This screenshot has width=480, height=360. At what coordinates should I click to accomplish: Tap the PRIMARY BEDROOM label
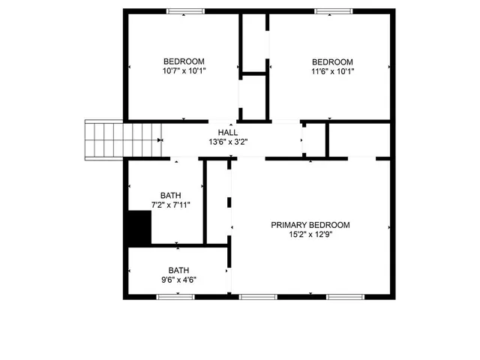coord(310,225)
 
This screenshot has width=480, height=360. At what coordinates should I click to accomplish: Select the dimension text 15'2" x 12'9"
coord(310,235)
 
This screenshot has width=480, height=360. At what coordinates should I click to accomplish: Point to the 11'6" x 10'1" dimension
coord(332,71)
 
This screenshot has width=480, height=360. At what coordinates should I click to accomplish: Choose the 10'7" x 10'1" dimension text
coord(184,71)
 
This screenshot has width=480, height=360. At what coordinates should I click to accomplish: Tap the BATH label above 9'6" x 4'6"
coord(178,271)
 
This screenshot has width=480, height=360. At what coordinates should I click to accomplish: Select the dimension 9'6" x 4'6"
coord(178,280)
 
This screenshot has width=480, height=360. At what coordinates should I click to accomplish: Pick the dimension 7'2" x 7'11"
coord(170,205)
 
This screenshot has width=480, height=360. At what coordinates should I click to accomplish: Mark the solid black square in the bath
coord(139,228)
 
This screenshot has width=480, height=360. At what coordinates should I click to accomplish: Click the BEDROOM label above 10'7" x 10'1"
coord(184,61)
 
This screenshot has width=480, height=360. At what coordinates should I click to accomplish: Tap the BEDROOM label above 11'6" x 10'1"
coord(332,61)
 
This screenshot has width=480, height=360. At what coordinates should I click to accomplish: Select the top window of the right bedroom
coord(333,10)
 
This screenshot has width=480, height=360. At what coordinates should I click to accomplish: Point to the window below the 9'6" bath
coord(175,297)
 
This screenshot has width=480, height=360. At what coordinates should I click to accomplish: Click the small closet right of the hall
coord(314,139)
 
